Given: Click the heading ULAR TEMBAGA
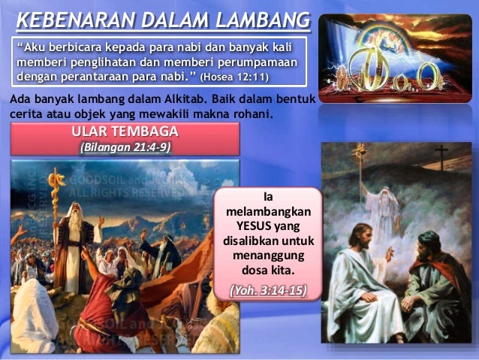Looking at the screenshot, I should (x=125, y=133).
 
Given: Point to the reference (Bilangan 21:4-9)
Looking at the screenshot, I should (x=125, y=147).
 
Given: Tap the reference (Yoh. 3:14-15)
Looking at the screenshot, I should (x=268, y=289).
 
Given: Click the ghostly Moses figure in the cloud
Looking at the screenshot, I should (x=383, y=203).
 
